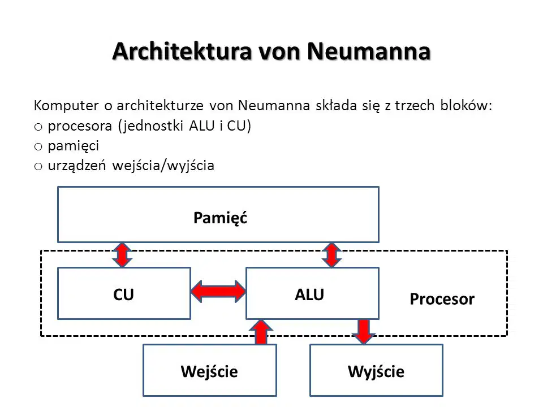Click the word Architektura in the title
tap(182, 51)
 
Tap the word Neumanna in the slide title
tap(368, 51)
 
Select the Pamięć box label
tap(220, 218)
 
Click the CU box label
tap(123, 295)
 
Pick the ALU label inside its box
tap(309, 295)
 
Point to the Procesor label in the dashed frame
tap(442, 299)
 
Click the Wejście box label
tap(209, 372)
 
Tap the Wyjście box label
tap(376, 372)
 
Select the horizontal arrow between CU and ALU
tap(218, 292)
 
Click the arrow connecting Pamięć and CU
tap(122, 255)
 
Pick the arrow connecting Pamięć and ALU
tap(332, 255)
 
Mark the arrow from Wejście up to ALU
tap(261, 332)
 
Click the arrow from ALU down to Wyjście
tap(364, 332)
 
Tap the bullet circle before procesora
tap(38, 127)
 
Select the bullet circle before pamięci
tap(38, 147)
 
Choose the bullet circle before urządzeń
tap(38, 166)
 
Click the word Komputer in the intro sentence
tap(66, 106)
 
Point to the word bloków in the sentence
tap(466, 105)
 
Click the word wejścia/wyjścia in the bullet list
tap(163, 166)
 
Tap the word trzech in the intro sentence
tap(415, 105)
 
